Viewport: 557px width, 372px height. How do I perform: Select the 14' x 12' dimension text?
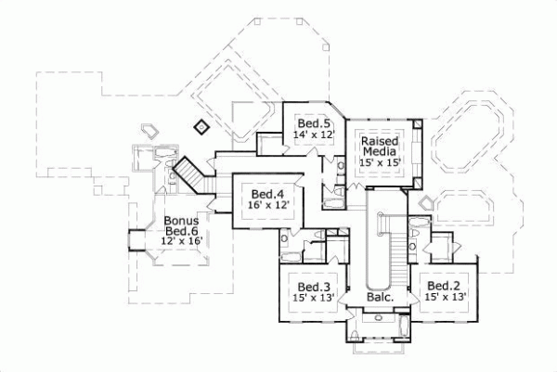pos(314,135)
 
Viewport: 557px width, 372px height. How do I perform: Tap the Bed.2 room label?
pos(441,286)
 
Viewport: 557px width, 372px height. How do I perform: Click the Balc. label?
pos(381,298)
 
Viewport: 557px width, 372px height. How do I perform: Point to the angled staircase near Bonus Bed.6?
pos(189,173)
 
